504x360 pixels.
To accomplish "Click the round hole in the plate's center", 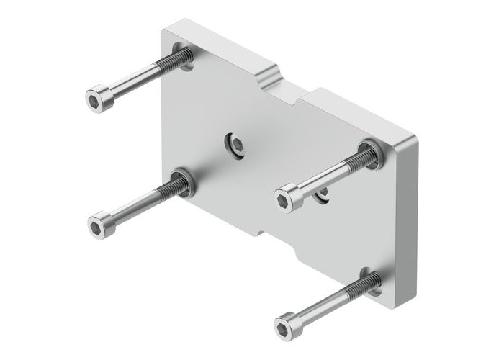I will pos(236,145).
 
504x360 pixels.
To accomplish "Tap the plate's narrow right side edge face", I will pos(407,216).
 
